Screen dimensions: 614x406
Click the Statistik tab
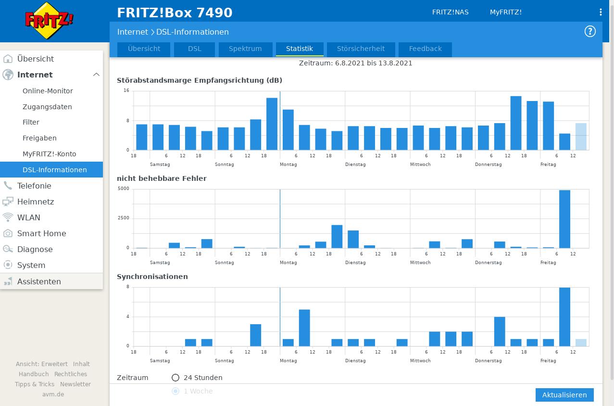pyautogui.click(x=300, y=49)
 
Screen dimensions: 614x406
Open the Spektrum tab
pyautogui.click(x=245, y=49)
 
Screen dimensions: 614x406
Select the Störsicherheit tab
pyautogui.click(x=361, y=49)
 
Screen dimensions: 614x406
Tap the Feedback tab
pyautogui.click(x=425, y=49)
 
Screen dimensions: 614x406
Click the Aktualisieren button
pyautogui.click(x=564, y=395)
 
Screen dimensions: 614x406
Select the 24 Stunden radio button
pyautogui.click(x=175, y=378)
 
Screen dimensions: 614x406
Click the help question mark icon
pyautogui.click(x=590, y=31)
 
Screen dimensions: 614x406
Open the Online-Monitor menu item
pyautogui.click(x=48, y=91)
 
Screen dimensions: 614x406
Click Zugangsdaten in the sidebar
pyautogui.click(x=47, y=107)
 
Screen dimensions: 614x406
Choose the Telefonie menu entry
pyautogui.click(x=34, y=186)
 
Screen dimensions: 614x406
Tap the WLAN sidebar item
pyautogui.click(x=28, y=217)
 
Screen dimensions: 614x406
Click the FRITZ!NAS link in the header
pyautogui.click(x=451, y=12)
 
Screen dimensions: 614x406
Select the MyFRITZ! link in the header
pyautogui.click(x=506, y=12)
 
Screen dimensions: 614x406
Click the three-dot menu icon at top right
pyautogui.click(x=601, y=12)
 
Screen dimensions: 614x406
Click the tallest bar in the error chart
pyautogui.click(x=564, y=219)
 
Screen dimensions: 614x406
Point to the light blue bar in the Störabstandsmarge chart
pyautogui.click(x=581, y=137)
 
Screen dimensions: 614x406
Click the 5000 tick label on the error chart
pyautogui.click(x=124, y=189)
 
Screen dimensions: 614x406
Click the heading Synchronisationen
pyautogui.click(x=152, y=277)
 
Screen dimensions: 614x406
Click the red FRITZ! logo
pyautogui.click(x=49, y=20)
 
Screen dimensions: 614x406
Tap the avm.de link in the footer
pyautogui.click(x=53, y=394)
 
